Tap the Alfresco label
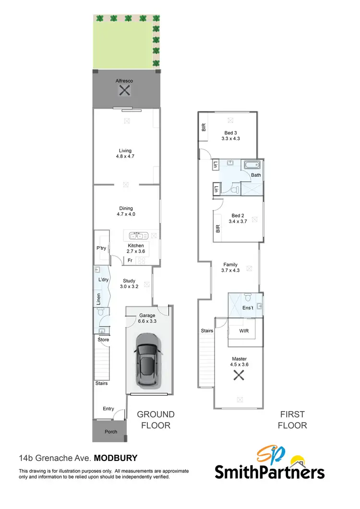coord(124,81)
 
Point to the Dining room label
coord(126,208)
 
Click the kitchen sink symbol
coord(139,235)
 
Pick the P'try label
coord(101,248)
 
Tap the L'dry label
coord(103,279)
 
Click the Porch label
coord(110,432)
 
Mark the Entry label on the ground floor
coord(108,409)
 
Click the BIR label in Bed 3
coord(203,127)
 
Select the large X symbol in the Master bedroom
coord(239,376)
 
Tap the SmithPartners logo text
coord(269,473)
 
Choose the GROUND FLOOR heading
coord(156,420)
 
